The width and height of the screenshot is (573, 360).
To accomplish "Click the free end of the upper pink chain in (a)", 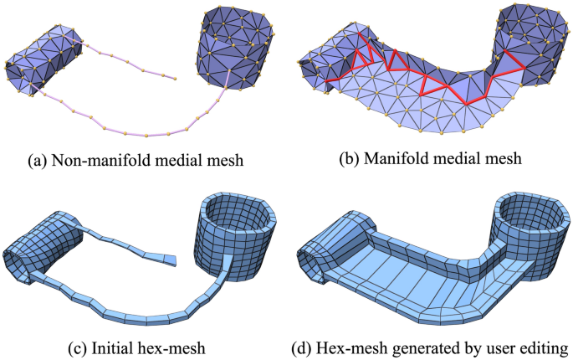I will pos(175,79).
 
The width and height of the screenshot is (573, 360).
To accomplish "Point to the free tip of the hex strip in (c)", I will pos(176,260).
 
